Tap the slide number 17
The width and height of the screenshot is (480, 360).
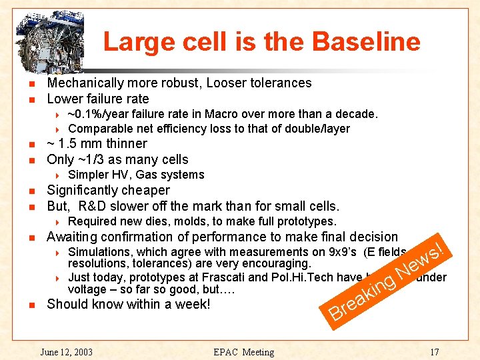(434, 351)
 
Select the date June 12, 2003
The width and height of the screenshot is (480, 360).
(67, 351)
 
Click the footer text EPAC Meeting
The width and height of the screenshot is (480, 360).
(243, 351)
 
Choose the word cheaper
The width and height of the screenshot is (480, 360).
(145, 191)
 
